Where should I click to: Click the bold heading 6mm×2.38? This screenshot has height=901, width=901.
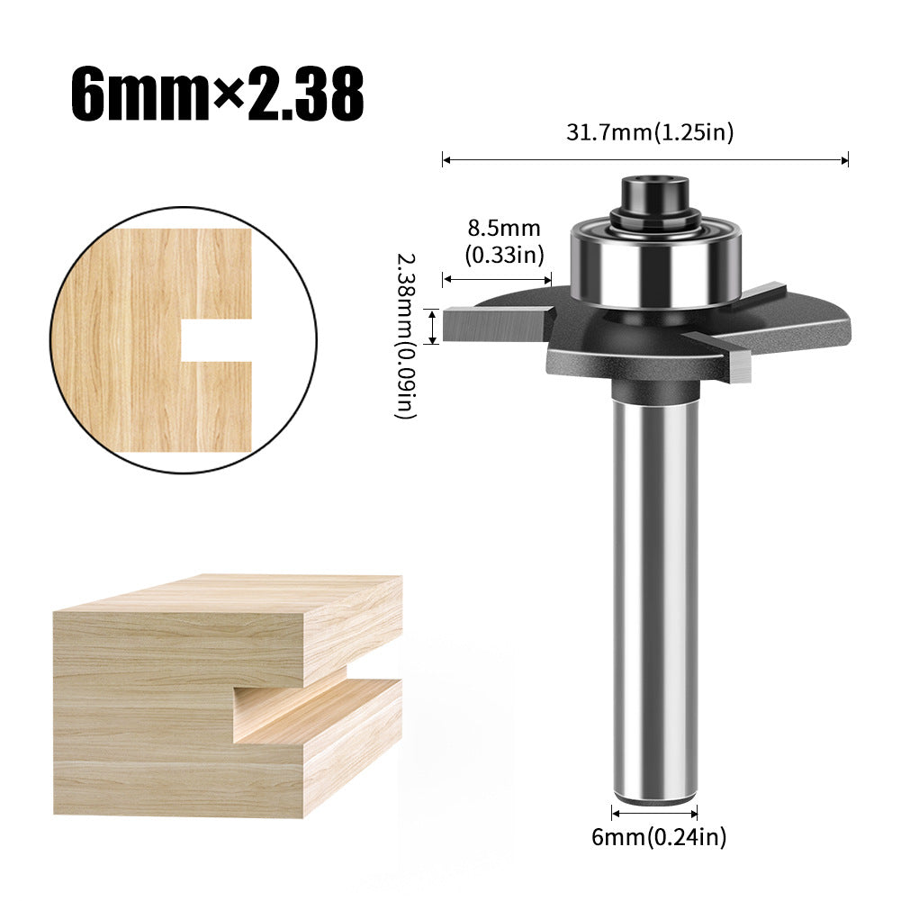point(217,94)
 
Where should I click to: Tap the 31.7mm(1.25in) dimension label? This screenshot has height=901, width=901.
point(650,132)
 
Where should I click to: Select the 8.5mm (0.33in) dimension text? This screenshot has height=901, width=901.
point(504,241)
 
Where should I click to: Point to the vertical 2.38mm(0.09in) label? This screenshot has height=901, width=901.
point(405,336)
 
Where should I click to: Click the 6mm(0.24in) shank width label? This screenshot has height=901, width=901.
point(659,837)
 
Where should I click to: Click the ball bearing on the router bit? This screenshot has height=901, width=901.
point(655,263)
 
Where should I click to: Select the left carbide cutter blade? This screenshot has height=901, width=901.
point(497,323)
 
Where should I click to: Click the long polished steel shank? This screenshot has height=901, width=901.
point(654,598)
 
